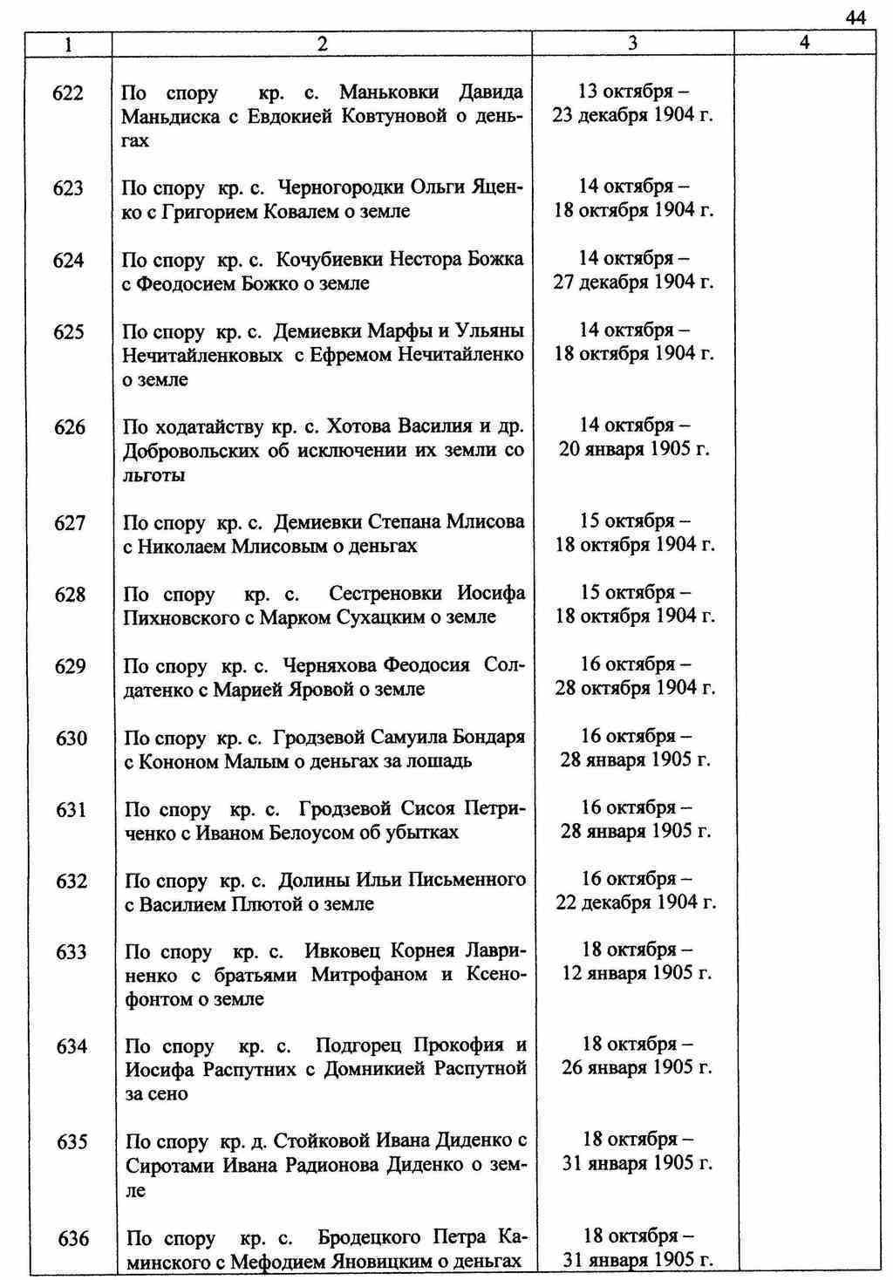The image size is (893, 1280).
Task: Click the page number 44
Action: [855, 18]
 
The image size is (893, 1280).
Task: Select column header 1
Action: [68, 44]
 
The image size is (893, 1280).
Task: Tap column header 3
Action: [632, 44]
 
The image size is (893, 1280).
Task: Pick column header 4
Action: [804, 43]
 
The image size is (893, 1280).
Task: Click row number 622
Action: [68, 92]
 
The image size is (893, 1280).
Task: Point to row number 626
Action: [70, 427]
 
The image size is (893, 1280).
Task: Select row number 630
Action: [71, 739]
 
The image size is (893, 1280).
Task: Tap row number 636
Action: [73, 1238]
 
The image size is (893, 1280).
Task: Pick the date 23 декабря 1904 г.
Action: [633, 115]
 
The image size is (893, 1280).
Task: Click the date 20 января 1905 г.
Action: [634, 450]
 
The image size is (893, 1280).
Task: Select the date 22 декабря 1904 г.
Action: [636, 902]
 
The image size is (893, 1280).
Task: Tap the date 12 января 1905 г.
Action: [637, 973]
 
